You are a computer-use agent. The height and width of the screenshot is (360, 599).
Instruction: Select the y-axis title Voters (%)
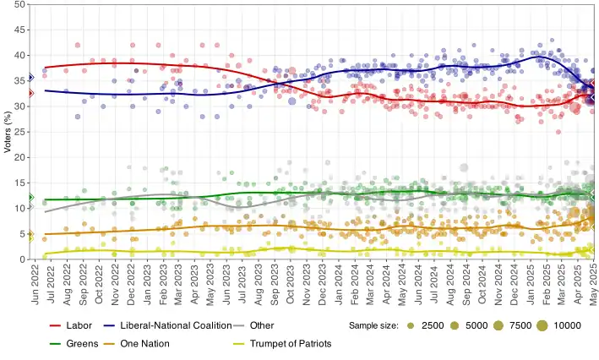[x=8, y=132]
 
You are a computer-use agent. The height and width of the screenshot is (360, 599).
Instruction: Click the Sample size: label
[x=373, y=325]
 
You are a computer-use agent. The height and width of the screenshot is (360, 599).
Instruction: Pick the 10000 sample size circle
[x=541, y=325]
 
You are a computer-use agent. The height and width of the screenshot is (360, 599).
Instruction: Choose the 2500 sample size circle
[x=410, y=325]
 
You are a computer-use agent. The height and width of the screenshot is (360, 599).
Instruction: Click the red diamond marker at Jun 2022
[x=30, y=93]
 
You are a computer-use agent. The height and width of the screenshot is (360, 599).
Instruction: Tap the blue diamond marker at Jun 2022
[x=30, y=77]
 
